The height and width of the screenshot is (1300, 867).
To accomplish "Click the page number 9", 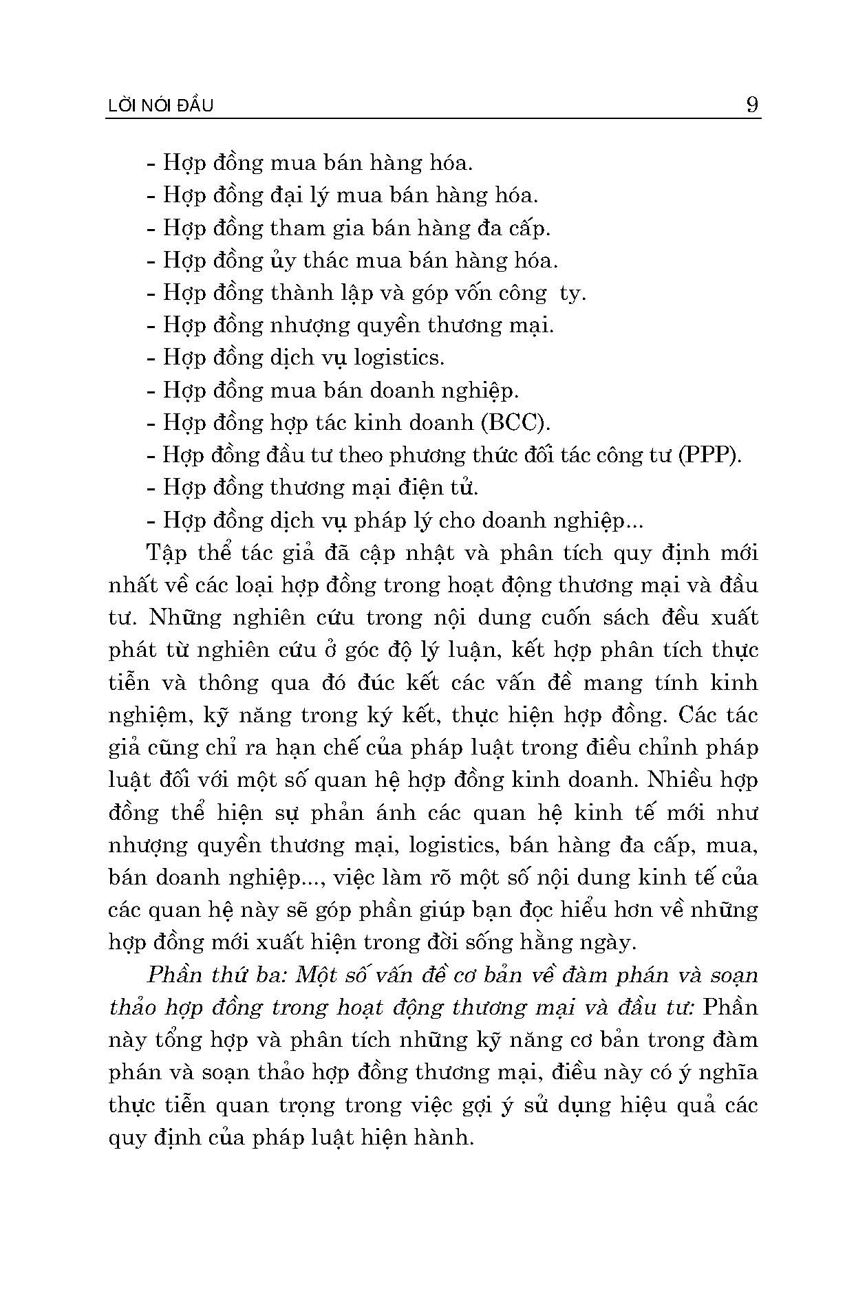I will click(x=751, y=105).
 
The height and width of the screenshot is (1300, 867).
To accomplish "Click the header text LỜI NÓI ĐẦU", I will click(x=162, y=106).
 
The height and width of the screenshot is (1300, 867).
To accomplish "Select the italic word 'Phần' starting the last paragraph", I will click(x=172, y=975).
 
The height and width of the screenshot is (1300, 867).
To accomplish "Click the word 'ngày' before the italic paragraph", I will click(x=610, y=943).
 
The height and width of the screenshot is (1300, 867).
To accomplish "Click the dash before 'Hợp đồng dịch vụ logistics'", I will click(x=151, y=358).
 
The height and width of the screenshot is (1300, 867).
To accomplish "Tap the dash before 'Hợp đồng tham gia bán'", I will click(x=151, y=228).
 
